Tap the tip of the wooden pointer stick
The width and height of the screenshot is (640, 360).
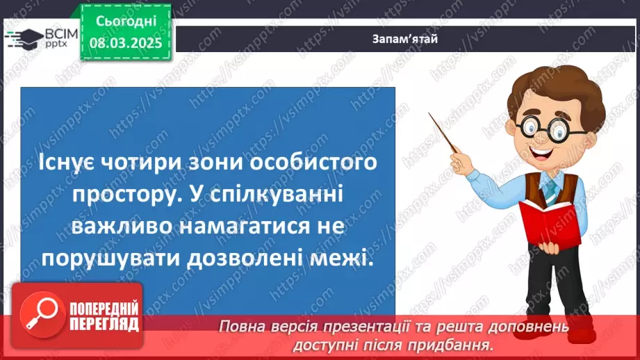pos(431,115)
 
